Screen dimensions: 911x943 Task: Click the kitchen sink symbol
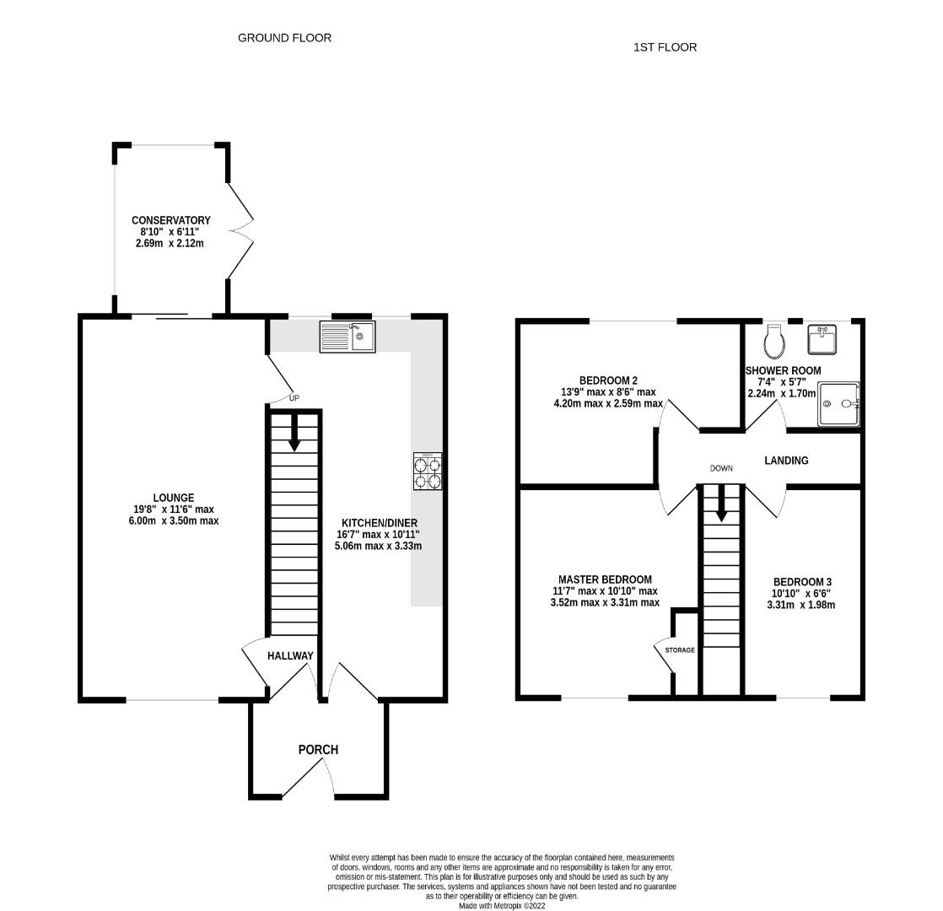point(347,337)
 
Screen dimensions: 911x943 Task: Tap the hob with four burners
point(428,472)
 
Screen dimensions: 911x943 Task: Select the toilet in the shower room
point(773,342)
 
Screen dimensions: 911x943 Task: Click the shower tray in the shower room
point(838,404)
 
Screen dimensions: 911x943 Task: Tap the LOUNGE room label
point(173,498)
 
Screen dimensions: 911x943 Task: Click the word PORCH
point(318,749)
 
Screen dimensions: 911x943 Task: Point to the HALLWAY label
point(290,655)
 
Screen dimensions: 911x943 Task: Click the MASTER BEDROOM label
point(605,579)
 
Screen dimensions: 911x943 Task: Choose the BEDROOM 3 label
point(802,582)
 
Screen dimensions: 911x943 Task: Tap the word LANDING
point(786,461)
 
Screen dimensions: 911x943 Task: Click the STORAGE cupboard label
point(680,650)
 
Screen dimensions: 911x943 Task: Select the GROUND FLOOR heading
point(284,38)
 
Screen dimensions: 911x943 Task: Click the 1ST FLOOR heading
point(665,47)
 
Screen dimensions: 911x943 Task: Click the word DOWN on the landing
point(721,468)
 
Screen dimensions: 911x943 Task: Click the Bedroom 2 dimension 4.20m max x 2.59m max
point(608,403)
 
